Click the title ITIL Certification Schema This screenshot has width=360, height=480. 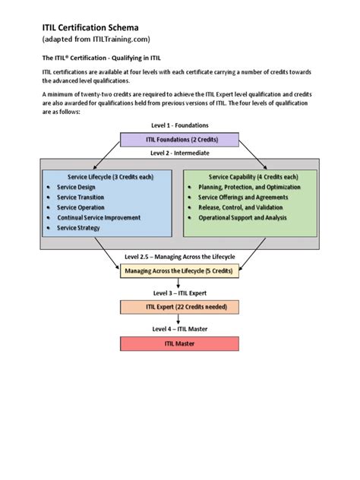tap(90, 27)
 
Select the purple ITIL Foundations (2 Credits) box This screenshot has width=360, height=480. tap(180, 140)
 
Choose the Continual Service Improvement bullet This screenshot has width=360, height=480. tap(99, 217)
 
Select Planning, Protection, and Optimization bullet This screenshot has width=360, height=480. tap(248, 187)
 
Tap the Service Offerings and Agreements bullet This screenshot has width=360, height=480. tap(243, 197)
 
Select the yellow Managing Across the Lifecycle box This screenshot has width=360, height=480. tap(180, 270)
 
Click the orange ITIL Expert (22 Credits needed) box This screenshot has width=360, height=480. tap(180, 307)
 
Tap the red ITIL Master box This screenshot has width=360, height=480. tap(180, 343)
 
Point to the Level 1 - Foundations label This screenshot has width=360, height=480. tap(180, 125)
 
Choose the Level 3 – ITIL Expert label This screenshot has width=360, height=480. tap(180, 292)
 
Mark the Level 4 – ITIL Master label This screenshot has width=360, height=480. tap(180, 328)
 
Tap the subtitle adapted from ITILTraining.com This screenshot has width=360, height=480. tap(90, 39)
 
